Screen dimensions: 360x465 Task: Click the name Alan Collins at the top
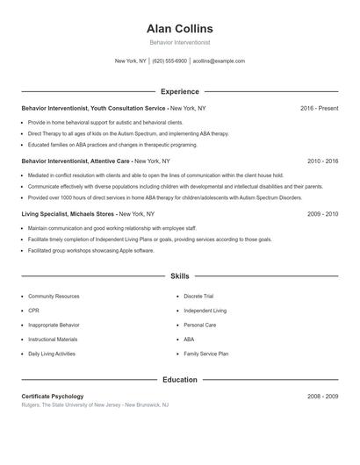pos(180,29)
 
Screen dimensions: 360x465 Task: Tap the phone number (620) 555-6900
pos(169,61)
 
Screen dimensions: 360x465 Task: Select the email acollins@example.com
pos(219,61)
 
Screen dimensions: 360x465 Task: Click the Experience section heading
pos(180,91)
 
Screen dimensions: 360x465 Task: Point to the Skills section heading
pos(180,275)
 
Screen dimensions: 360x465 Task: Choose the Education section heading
pos(180,380)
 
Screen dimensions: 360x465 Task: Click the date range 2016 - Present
pos(319,108)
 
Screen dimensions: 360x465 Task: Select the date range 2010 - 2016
pos(323,161)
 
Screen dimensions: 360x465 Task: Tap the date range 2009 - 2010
pos(323,214)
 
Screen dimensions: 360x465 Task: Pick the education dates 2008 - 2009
pos(323,397)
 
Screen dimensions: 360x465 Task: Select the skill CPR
pos(33,311)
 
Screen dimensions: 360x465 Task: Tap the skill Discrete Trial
pos(198,297)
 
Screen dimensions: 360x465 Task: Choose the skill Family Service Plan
pos(205,354)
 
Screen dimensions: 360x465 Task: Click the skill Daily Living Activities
pos(52,354)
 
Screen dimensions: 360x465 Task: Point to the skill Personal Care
pos(199,325)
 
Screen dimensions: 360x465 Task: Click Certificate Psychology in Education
pos(53,397)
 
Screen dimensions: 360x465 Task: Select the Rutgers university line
pos(95,405)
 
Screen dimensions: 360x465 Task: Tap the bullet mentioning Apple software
pos(90,250)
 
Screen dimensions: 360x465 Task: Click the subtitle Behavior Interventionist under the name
pos(180,42)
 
